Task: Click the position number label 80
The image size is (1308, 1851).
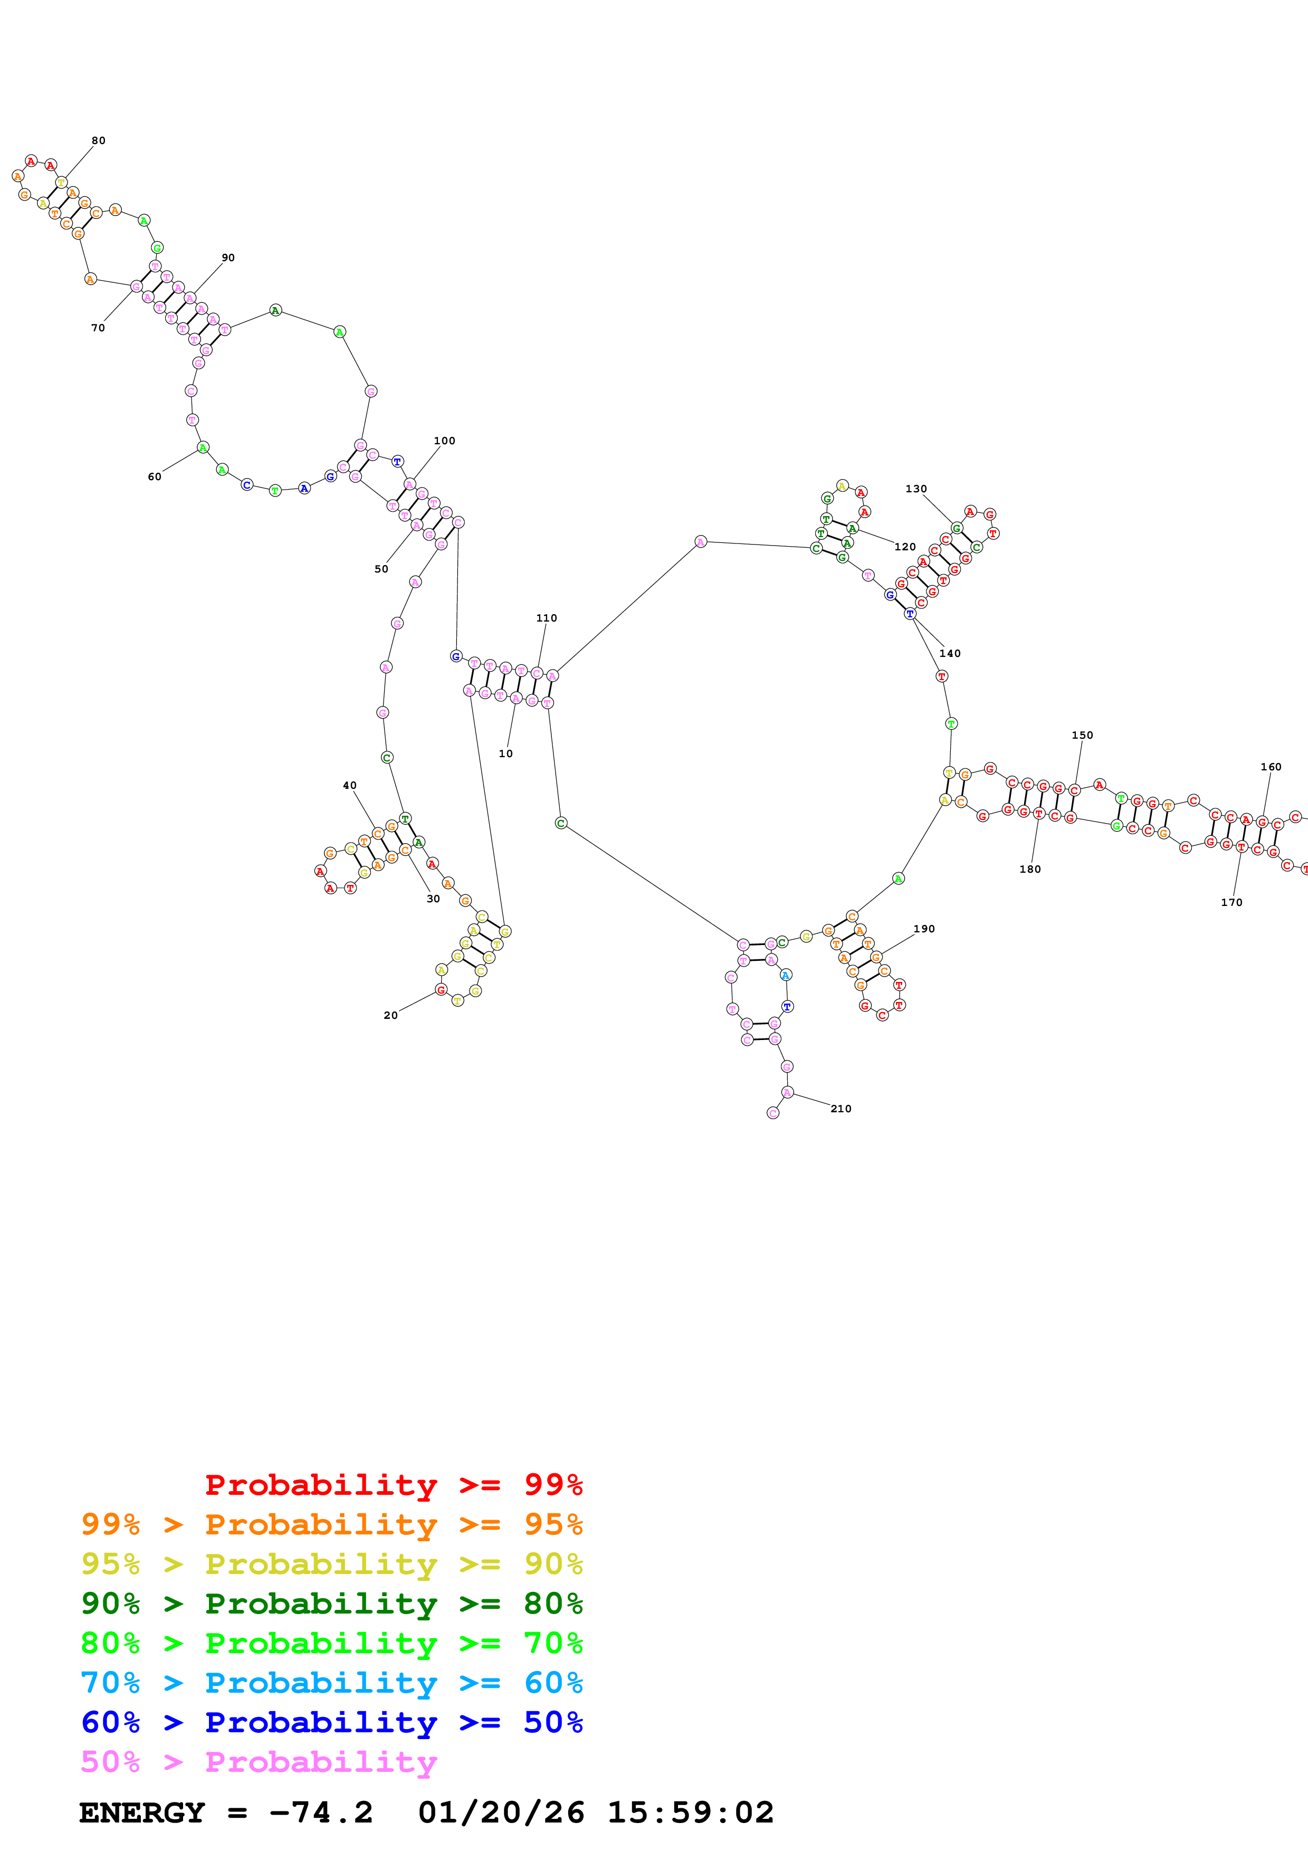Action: (98, 140)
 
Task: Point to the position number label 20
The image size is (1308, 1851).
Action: (390, 1015)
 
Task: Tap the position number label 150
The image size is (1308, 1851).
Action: (1082, 735)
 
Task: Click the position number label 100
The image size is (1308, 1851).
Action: (444, 441)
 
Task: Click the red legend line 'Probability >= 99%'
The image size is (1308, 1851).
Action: (393, 1485)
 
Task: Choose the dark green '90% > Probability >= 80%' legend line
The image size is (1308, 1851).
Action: (331, 1604)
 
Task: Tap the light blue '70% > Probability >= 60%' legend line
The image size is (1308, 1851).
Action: (331, 1683)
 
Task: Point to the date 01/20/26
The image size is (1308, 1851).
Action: (501, 1812)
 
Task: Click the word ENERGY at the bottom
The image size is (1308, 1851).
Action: (142, 1812)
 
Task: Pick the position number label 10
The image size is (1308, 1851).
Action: (505, 754)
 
